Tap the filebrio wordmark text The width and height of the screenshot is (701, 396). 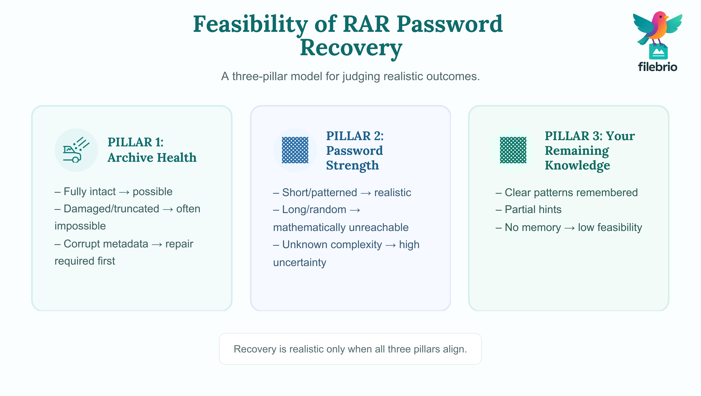[x=657, y=67]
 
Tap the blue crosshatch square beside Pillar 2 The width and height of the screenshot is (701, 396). [x=295, y=150]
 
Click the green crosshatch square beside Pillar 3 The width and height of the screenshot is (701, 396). [x=513, y=150]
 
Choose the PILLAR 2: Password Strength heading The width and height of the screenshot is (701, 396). [x=354, y=150]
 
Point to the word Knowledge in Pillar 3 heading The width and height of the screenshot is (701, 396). [x=577, y=165]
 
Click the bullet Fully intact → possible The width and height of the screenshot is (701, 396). [x=114, y=192]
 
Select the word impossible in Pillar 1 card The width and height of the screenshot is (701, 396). [x=80, y=226]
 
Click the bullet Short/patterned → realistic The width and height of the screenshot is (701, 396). [x=342, y=193]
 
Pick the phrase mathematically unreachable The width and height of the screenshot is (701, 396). [x=341, y=227]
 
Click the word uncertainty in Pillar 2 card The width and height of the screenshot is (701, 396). [x=300, y=262]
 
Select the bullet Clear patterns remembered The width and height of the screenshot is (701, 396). [x=567, y=193]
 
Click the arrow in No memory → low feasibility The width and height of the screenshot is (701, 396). [x=569, y=228]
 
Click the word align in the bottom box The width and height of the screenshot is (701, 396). [x=455, y=349]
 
